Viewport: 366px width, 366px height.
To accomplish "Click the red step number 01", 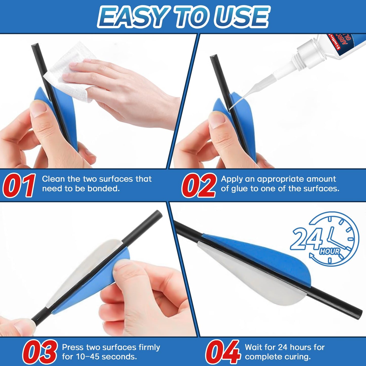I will point(19,185).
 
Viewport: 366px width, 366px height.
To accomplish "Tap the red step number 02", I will point(199,185).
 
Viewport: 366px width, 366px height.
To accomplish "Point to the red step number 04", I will point(222,352).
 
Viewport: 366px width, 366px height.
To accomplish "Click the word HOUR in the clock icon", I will point(330,251).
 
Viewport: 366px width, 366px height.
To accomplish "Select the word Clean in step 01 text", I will point(53,179).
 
